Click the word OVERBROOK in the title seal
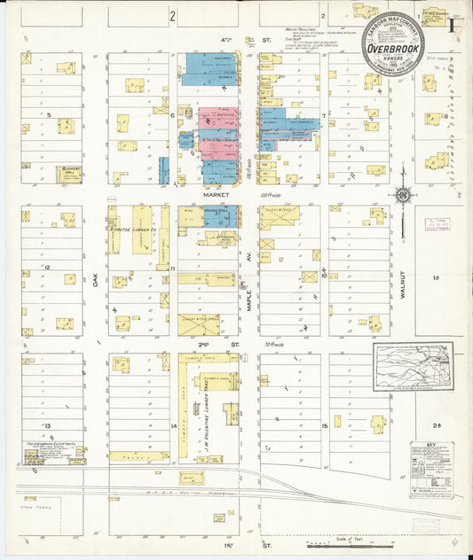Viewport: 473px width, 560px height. point(391,49)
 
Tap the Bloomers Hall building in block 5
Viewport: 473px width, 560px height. point(69,173)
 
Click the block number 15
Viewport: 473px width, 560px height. point(325,426)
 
